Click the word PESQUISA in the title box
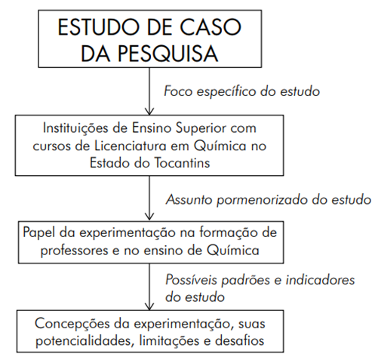click(168, 54)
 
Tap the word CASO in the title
click(211, 27)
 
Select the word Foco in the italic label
click(178, 91)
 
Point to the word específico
click(226, 91)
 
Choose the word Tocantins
click(182, 163)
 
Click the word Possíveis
click(191, 280)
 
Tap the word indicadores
click(320, 280)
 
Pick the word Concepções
click(72, 324)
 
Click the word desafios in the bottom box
click(239, 340)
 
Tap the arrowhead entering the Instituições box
click(149, 112)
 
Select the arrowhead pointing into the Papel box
click(149, 217)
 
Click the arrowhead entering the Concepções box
click(149, 306)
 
